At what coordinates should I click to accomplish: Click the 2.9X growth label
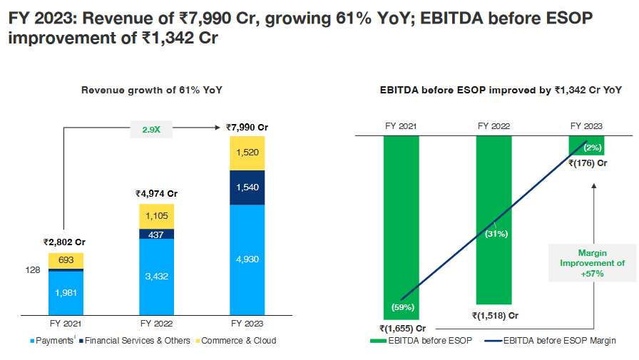[150, 130]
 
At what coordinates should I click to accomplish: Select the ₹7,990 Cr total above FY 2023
[247, 128]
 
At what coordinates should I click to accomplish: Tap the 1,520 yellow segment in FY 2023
[247, 153]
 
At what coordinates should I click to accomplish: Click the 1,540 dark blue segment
[247, 187]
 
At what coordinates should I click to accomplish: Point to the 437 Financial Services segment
[156, 234]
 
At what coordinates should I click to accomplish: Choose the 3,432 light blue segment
[156, 276]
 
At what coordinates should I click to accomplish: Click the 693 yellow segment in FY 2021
[66, 260]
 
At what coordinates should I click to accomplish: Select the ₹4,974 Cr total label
[156, 194]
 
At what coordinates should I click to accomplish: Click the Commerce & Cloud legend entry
[235, 341]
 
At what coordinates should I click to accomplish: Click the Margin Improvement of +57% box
[591, 263]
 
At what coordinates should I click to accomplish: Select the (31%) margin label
[494, 234]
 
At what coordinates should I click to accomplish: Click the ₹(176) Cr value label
[588, 163]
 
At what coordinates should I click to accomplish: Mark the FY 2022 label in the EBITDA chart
[494, 126]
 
